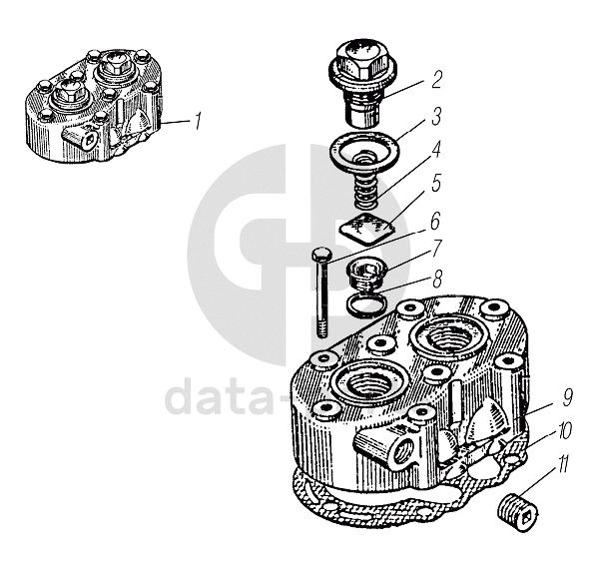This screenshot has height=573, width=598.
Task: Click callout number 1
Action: point(198,121)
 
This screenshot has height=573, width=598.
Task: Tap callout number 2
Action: point(437,80)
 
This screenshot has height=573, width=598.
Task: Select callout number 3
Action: point(436,116)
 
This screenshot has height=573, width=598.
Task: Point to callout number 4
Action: point(435,150)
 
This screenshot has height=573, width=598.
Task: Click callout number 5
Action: point(436,183)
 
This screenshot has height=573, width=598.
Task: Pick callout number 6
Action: point(435,222)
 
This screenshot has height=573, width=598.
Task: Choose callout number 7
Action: point(437,249)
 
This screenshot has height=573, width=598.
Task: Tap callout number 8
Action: point(437,279)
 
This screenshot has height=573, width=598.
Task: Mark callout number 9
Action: point(567,397)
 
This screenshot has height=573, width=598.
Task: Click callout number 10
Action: point(564,430)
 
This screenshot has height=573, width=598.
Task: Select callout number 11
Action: point(562,463)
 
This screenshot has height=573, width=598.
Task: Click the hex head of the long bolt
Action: point(321,255)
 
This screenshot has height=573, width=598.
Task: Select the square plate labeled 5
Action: point(367,229)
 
